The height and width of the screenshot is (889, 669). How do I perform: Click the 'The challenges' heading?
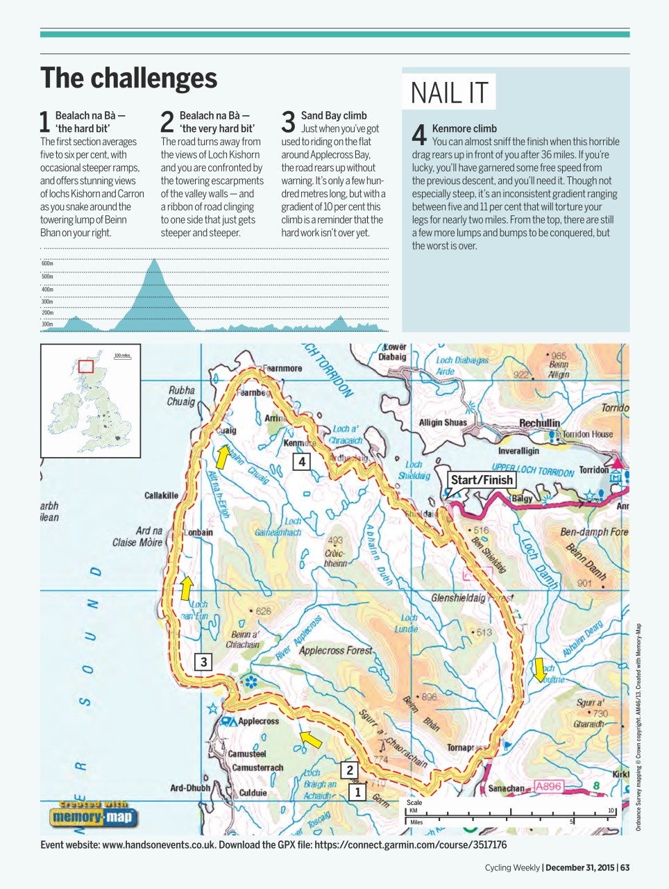pos(128,78)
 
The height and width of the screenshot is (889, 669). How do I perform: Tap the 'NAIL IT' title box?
pos(449,92)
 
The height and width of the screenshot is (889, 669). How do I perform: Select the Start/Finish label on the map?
pos(482,480)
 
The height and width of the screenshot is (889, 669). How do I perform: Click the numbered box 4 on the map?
pos(301,462)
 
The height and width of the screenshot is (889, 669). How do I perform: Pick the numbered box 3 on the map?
pos(203,662)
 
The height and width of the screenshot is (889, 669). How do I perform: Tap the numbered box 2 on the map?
pos(350,770)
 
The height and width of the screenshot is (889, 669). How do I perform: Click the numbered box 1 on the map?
pos(357,792)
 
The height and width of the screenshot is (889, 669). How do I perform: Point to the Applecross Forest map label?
pos(335,651)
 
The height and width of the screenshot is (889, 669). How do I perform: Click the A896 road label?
pos(548,786)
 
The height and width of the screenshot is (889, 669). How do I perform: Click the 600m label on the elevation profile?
pos(47,264)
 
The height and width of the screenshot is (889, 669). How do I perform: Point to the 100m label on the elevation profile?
pos(47,324)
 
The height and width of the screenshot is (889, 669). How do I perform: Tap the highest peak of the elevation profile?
pos(154,260)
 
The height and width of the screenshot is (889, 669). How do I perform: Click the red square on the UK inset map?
pos(85,366)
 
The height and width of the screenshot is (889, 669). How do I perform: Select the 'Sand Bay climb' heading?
pos(334,115)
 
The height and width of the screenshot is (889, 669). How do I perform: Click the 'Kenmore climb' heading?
pos(464,128)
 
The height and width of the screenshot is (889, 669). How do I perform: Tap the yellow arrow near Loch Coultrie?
pos(539,670)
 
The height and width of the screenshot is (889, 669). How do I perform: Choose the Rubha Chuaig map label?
pos(181,396)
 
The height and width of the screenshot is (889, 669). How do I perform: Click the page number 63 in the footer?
pos(625,867)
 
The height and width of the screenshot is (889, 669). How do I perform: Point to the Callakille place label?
pos(161,495)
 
